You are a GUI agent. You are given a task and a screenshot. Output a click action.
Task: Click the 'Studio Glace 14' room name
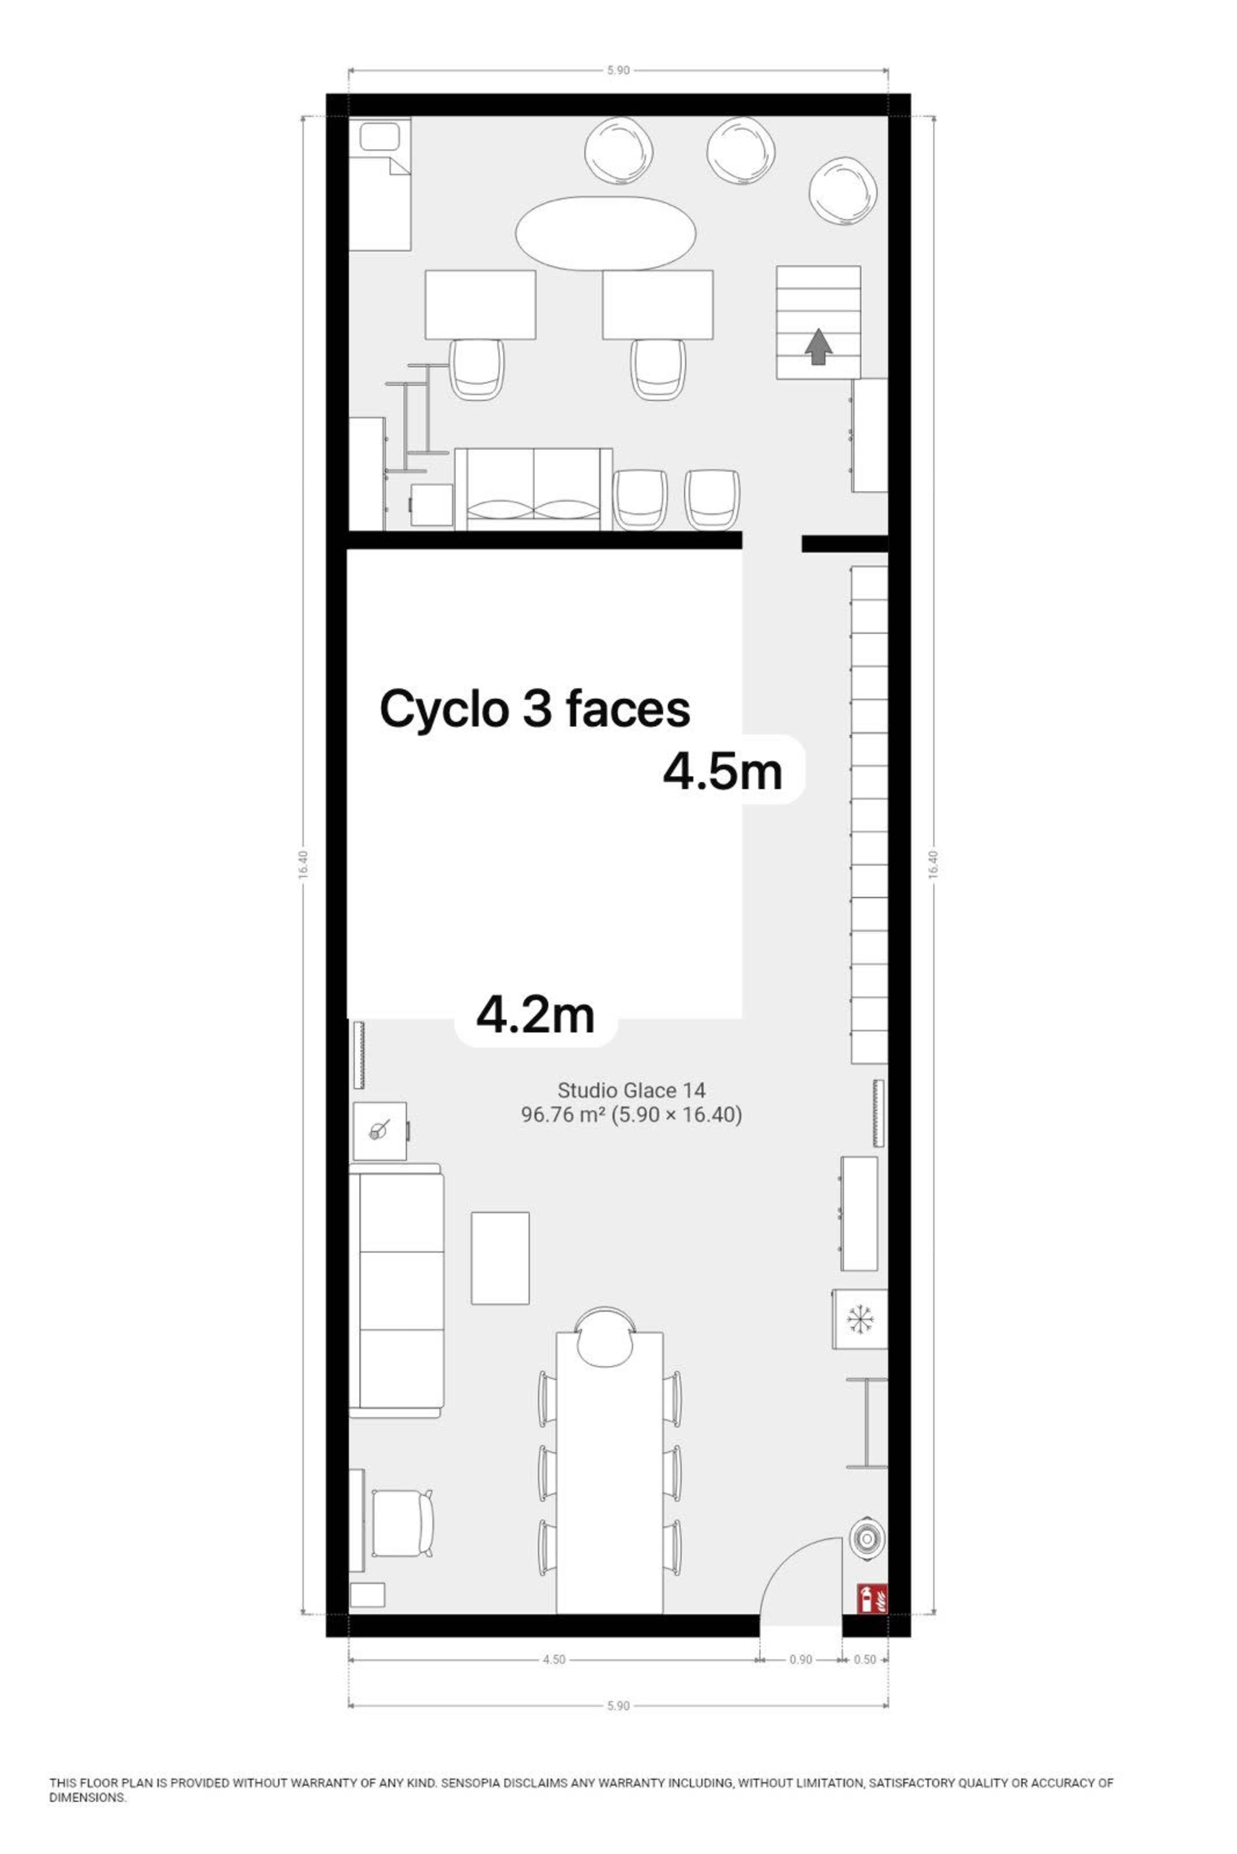pyautogui.click(x=631, y=1091)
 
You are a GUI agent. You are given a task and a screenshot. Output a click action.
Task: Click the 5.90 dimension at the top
pyautogui.click(x=618, y=70)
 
